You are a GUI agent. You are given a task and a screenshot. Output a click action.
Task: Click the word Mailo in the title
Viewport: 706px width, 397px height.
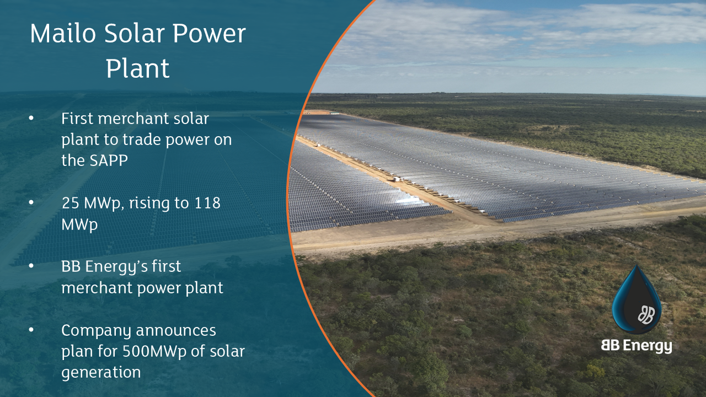click(x=63, y=34)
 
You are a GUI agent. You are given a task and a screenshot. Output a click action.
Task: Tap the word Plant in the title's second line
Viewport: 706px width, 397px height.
click(x=138, y=68)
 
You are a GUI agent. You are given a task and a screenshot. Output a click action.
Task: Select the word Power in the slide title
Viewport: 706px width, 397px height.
click(x=209, y=34)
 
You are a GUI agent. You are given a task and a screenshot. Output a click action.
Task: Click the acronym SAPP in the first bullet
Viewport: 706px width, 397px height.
click(x=109, y=160)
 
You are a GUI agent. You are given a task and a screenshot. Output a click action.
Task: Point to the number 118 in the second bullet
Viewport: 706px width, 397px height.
click(x=207, y=203)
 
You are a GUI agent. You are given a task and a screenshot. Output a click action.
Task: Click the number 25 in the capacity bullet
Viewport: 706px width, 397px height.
click(x=71, y=203)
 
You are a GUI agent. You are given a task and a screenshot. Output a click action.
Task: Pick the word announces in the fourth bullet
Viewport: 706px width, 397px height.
click(x=176, y=330)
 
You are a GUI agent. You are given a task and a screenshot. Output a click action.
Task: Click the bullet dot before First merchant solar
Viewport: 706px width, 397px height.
click(x=31, y=119)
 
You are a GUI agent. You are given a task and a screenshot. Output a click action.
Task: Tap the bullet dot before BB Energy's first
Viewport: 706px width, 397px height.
click(x=31, y=266)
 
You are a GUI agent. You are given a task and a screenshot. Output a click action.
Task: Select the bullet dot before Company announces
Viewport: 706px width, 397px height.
click(x=31, y=330)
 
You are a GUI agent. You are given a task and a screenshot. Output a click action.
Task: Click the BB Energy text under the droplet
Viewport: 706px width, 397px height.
click(x=637, y=346)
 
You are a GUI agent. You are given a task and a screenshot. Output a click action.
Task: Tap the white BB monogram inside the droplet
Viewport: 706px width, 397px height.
click(x=646, y=315)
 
